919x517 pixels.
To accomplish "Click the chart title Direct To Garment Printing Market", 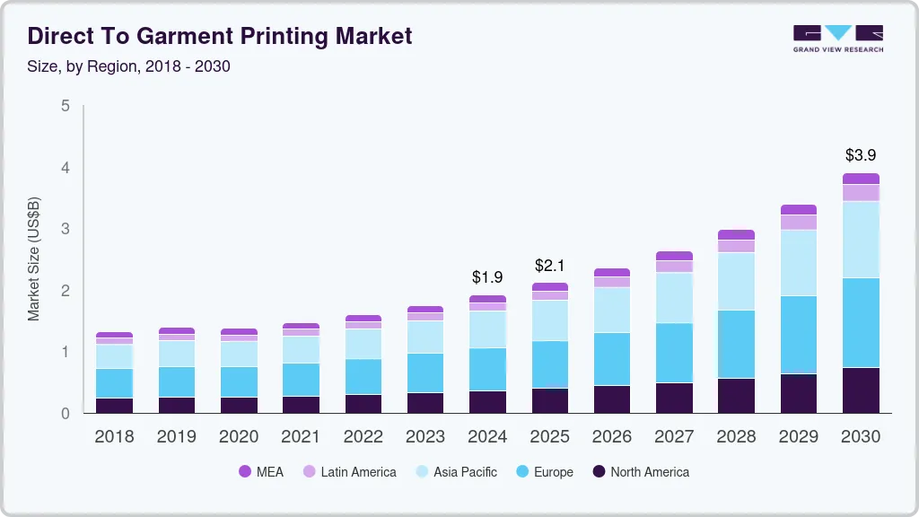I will click(220, 36).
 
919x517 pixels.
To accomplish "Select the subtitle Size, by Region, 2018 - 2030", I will click(129, 66).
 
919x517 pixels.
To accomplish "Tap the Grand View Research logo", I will click(837, 38).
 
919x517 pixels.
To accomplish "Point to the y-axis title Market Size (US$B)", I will click(34, 259).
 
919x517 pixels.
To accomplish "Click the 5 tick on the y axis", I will click(66, 106).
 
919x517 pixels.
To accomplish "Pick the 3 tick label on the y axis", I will click(66, 229).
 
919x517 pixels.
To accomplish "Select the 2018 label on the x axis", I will click(114, 437).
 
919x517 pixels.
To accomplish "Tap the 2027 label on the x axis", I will click(674, 437).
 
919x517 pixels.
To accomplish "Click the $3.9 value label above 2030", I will click(861, 155).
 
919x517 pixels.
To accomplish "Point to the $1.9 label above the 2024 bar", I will click(487, 276).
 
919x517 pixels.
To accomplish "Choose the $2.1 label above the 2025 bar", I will click(549, 265).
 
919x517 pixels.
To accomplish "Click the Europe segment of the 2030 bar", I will click(861, 322).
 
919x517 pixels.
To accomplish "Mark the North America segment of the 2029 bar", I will click(799, 393).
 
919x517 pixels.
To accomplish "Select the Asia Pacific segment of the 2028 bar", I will click(736, 281).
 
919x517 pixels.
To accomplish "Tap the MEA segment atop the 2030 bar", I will click(861, 179).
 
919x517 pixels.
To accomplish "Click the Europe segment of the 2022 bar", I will click(363, 376).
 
